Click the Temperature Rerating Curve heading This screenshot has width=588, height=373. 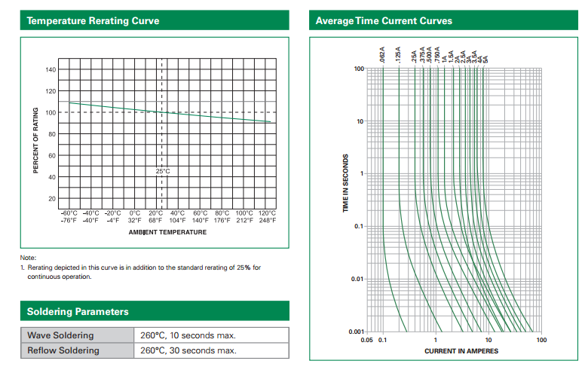(x=93, y=20)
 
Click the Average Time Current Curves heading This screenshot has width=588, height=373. (x=384, y=20)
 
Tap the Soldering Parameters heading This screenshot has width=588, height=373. (x=78, y=311)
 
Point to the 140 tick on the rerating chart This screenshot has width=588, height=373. (x=51, y=70)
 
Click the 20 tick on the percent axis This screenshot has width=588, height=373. (x=52, y=199)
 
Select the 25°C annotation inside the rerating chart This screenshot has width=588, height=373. (x=163, y=171)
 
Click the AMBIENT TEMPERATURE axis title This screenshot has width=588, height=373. (x=167, y=232)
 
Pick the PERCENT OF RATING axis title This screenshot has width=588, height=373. (x=35, y=141)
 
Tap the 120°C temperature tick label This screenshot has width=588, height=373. (x=267, y=213)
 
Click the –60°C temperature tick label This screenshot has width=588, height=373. (x=69, y=213)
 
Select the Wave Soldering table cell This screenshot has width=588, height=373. (x=60, y=335)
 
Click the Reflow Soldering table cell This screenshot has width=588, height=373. (x=63, y=350)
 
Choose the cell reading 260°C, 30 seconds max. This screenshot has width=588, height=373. (x=188, y=350)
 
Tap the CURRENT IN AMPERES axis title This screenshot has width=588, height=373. (x=461, y=351)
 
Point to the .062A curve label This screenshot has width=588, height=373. (x=382, y=55)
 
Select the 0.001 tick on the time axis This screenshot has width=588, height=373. (x=356, y=332)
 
